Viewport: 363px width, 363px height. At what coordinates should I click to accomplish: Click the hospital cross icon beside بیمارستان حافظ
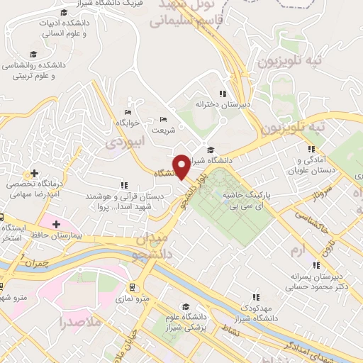coord(55,224)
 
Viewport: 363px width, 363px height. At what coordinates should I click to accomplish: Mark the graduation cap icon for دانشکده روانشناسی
coord(33,55)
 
